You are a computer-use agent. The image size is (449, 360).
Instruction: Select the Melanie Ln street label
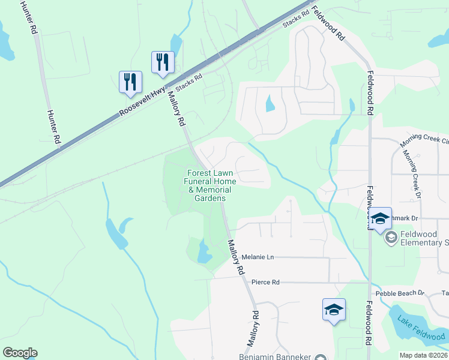pos(258,257)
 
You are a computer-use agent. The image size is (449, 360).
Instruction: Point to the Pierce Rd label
pos(265,282)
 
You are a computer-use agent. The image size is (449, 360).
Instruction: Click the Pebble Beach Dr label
pos(400,293)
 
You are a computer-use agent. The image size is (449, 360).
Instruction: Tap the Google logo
pos(20,353)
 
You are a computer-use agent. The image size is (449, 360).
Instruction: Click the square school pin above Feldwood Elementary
pos(379,219)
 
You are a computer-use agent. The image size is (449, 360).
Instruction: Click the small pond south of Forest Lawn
pos(205,253)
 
